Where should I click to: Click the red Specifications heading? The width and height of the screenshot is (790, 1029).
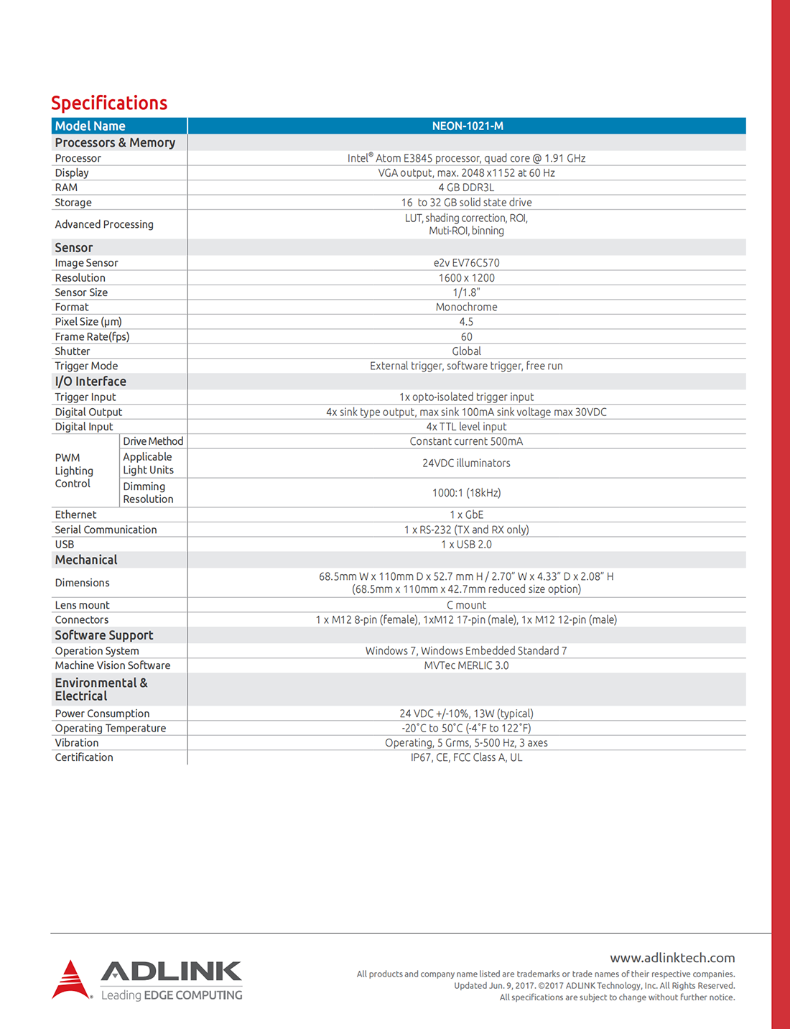109,103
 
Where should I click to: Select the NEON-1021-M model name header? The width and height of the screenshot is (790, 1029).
467,126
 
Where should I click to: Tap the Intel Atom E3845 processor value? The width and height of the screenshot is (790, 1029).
466,158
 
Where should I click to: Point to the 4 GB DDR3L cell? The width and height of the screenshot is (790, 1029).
466,188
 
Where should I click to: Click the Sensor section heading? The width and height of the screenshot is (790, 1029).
74,248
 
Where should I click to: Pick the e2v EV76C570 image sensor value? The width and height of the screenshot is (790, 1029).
466,263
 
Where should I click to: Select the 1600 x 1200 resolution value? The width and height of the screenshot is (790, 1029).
466,278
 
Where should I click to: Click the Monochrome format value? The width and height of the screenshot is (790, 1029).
466,308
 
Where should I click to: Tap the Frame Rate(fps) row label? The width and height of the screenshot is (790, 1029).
92,337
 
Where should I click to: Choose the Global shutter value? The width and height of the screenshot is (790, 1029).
466,351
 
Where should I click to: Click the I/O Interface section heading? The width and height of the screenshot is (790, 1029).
90,382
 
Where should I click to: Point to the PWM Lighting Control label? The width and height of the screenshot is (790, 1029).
74,471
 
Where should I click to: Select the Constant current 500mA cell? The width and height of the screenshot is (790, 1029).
466,441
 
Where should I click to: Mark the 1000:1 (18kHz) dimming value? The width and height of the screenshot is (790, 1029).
466,493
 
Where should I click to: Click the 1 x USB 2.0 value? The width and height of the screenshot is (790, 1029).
466,545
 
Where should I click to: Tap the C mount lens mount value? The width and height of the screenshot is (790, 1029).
466,605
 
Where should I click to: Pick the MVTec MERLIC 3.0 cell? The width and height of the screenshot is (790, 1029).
466,665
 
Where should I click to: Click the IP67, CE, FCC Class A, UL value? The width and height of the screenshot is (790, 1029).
466,757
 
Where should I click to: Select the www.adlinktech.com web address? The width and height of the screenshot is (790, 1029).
672,958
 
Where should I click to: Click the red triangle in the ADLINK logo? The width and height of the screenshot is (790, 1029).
70,980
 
